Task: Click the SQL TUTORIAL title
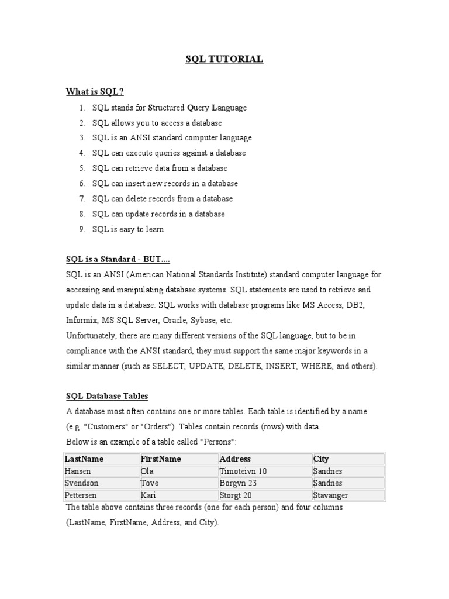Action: [224, 59]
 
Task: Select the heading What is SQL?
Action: [95, 91]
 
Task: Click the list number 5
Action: [82, 168]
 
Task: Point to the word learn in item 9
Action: [153, 229]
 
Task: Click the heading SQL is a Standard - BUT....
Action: [118, 260]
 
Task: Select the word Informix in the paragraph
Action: [82, 321]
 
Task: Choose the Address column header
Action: [235, 459]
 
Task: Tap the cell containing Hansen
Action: [78, 471]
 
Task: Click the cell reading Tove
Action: [150, 484]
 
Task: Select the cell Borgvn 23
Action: [238, 484]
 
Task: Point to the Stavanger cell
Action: [331, 495]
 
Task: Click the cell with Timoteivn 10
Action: [243, 471]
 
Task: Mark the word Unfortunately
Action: [92, 336]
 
